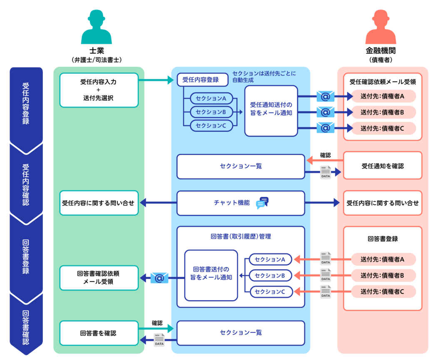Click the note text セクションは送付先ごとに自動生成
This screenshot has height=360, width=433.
(x=264, y=76)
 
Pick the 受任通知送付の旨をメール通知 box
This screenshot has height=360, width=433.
(x=271, y=111)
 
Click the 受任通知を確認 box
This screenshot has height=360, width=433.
(x=382, y=166)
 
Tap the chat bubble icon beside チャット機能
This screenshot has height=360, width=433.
(x=262, y=203)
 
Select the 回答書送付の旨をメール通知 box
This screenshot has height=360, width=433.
(x=211, y=275)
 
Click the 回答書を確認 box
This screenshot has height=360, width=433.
(x=99, y=333)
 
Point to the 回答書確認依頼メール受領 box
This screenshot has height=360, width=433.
(x=99, y=277)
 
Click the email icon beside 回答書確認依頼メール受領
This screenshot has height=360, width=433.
(x=159, y=278)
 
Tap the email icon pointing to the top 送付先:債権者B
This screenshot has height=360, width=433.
(x=325, y=112)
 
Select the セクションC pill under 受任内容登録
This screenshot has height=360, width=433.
(x=211, y=125)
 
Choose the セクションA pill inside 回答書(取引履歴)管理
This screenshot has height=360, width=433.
(x=270, y=260)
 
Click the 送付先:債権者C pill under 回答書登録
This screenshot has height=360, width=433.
(x=383, y=292)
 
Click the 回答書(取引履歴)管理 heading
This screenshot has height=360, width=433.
(x=241, y=236)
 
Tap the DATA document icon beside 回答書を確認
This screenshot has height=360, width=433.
(x=159, y=340)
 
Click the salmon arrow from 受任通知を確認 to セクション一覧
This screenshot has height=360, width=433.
(x=325, y=160)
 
